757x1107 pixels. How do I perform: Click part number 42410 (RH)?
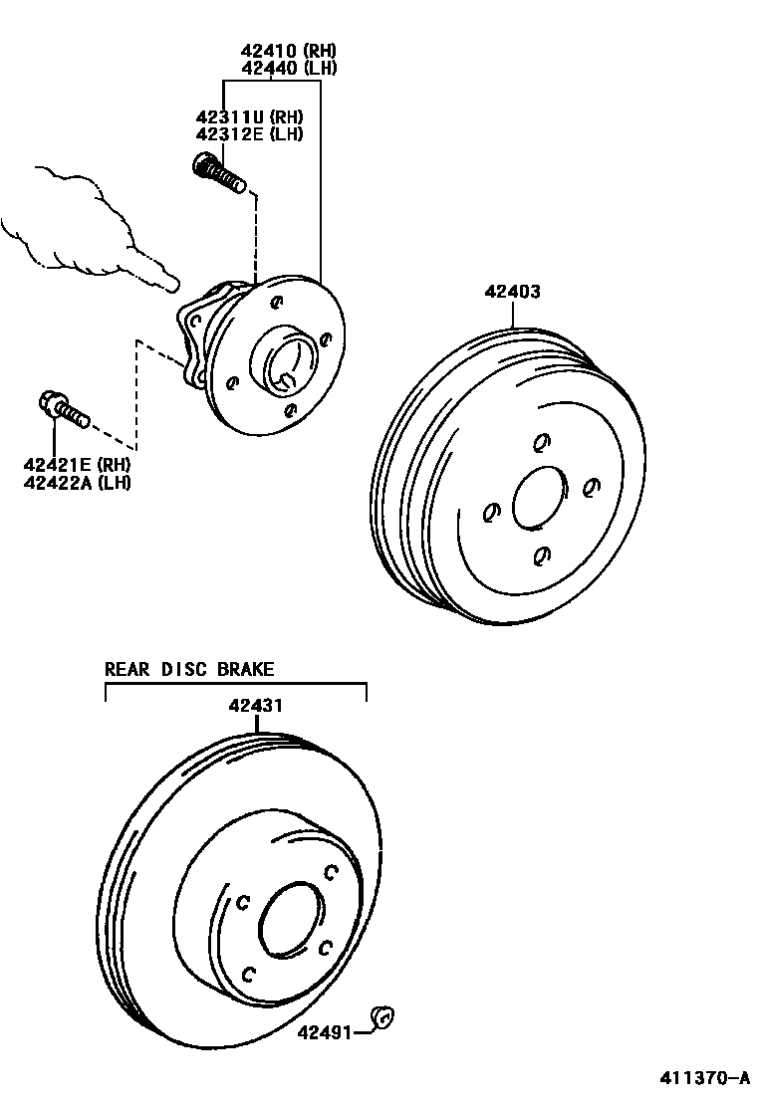click(x=288, y=50)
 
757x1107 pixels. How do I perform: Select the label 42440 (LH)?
click(x=288, y=68)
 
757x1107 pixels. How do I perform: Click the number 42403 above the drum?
click(x=513, y=292)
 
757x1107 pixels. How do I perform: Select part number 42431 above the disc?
click(x=256, y=706)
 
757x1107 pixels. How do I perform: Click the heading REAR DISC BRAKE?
click(x=189, y=670)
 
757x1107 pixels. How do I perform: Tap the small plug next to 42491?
click(x=382, y=1016)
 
